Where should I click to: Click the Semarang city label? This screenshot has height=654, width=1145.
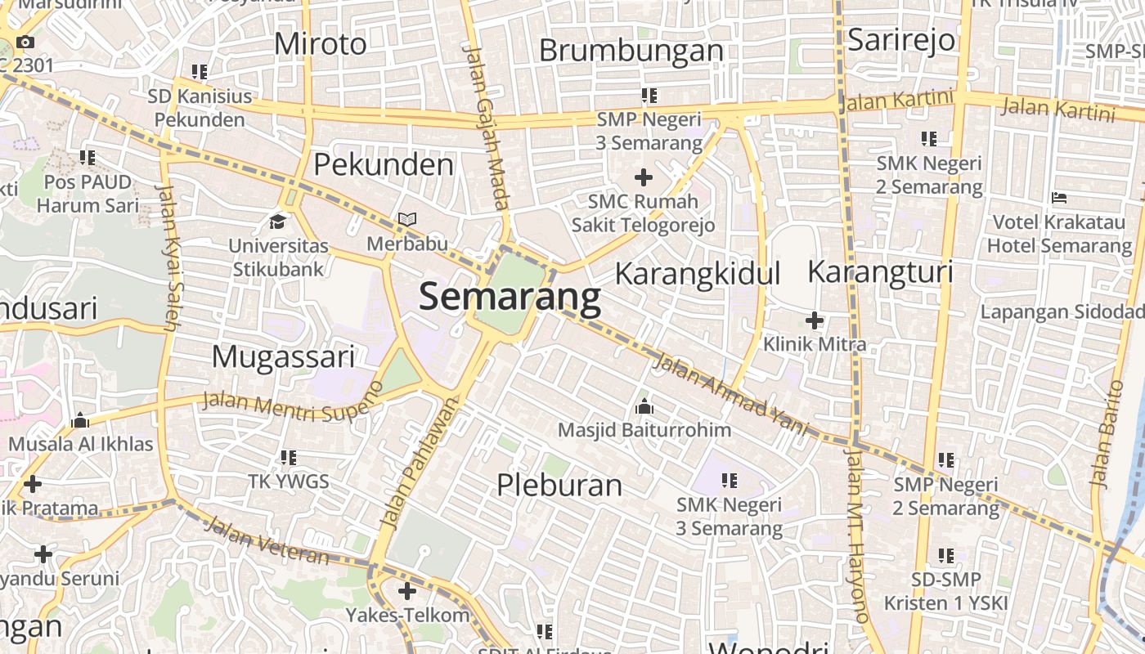[510, 298]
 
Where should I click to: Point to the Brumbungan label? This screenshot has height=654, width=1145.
[631, 51]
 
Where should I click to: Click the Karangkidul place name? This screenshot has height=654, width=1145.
[697, 274]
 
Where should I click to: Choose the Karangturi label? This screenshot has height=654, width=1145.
[880, 271]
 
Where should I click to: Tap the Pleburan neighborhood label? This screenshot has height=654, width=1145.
[559, 485]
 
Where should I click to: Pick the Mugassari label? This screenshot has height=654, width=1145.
[283, 357]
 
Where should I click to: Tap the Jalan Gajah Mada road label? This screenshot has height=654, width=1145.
[487, 127]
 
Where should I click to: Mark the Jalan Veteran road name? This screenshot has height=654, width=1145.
[266, 541]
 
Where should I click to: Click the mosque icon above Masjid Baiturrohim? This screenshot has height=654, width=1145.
[644, 406]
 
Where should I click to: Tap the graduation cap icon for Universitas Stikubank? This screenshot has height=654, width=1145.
[278, 222]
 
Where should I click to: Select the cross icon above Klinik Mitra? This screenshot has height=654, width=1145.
[815, 320]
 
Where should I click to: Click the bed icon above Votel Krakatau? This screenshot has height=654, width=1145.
[1059, 198]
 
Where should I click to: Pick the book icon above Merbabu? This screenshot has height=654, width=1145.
[406, 220]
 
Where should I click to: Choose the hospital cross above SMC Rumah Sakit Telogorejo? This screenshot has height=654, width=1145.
[644, 177]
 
